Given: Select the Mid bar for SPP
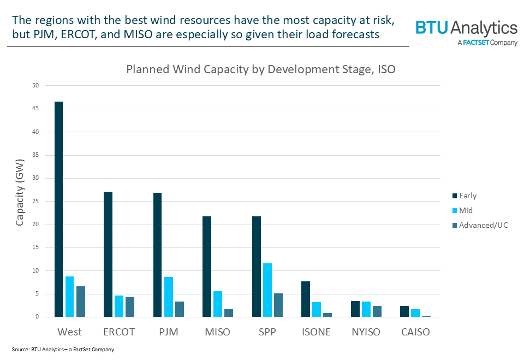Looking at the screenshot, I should point(267,290).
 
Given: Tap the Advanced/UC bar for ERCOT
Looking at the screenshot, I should point(130,307).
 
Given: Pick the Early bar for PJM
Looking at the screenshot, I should point(157,255).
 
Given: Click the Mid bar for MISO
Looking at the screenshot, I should point(218,304).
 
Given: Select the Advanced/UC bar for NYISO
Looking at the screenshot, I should point(377,311).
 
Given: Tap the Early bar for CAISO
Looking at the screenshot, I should point(404,311).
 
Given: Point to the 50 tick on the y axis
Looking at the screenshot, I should point(35,86).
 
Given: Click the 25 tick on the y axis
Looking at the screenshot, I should point(35,201).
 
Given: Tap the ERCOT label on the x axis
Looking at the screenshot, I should point(119,332).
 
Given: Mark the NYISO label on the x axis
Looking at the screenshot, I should point(366,332).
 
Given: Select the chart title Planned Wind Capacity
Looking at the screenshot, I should point(260,69).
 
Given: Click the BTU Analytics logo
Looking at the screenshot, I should point(466,32).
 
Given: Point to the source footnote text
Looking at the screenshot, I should point(63,349).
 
